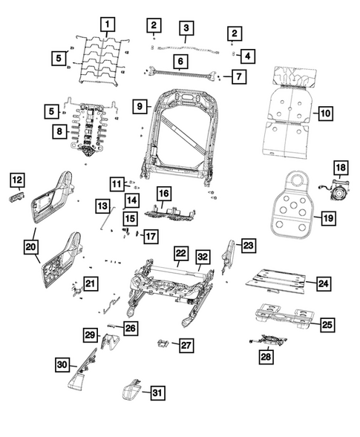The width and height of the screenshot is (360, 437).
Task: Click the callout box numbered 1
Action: pos(108,24)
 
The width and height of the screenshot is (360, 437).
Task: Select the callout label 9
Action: pos(139,106)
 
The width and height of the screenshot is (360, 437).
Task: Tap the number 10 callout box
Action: pos(324,114)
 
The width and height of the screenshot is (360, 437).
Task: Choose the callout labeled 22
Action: pos(180,254)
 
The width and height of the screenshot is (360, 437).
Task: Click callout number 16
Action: pos(163,194)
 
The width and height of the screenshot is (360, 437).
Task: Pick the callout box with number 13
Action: pos(102,204)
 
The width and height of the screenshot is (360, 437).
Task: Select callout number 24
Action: pos(324,283)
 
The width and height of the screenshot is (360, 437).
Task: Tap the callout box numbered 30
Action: pos(62,364)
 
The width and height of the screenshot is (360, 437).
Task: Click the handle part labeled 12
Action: pos(18,198)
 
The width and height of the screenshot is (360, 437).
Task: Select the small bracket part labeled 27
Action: pos(161,343)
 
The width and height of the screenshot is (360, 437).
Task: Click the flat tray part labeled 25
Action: pos(284,315)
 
